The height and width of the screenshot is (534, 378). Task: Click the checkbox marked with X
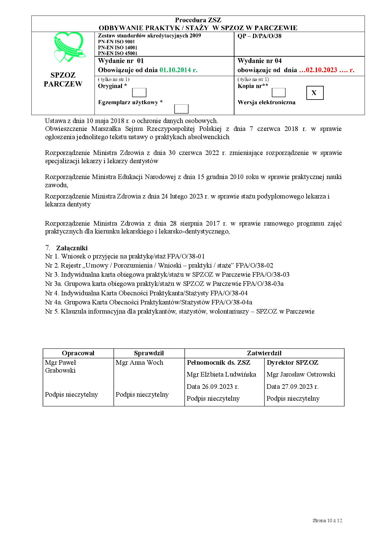pos(315,93)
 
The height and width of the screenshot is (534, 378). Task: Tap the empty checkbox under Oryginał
pos(139,93)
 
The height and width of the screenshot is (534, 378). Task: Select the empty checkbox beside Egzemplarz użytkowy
pos(181,109)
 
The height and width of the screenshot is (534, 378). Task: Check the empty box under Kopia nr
pos(278,93)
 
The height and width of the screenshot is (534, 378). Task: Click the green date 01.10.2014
pos(178,70)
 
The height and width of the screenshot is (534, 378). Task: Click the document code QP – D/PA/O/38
pos(259,36)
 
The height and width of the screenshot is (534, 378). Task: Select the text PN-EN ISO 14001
pos(118,47)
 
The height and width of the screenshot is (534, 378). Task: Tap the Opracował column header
pos(78,353)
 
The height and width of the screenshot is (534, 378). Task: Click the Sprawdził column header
pos(149,353)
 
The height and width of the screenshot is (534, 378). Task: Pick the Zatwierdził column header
pos(264,353)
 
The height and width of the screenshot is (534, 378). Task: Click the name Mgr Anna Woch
pos(139,363)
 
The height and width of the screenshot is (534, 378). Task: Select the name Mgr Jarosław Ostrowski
pos(301,374)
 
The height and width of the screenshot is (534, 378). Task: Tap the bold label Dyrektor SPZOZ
pos(292,363)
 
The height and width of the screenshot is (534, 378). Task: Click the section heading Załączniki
pos(72,248)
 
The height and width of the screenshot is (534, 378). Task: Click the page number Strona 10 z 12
pos(327,520)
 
